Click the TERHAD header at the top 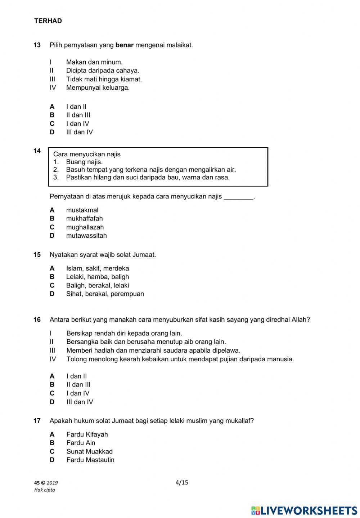(x=48, y=21)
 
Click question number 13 (x=37, y=45)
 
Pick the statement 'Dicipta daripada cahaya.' (x=103, y=71)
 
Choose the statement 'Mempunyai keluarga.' (x=98, y=88)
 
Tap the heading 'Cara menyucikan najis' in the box (x=87, y=154)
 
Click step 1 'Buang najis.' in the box (x=84, y=162)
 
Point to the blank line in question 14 (x=238, y=197)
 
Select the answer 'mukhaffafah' (x=84, y=219)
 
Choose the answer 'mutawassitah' (x=86, y=236)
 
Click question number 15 (x=37, y=255)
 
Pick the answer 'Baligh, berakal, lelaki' (x=97, y=285)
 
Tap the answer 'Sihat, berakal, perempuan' (x=105, y=294)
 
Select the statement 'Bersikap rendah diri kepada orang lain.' (x=124, y=333)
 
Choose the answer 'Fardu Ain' (x=81, y=443)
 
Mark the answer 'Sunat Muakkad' (x=89, y=451)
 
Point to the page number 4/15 (x=182, y=482)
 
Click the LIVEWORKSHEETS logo (x=304, y=510)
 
